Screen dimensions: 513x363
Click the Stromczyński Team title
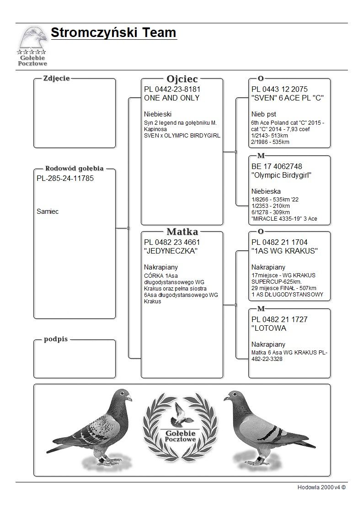pos(113,33)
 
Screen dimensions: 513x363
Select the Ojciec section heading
pos(182,79)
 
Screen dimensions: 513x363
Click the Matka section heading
pos(182,232)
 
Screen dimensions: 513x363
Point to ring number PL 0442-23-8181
pos(172,89)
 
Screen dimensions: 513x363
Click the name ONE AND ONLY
pos(171,98)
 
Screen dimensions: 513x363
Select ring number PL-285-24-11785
pos(65,178)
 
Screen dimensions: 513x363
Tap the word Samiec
pos(48,212)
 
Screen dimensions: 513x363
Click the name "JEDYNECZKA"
pos(171,251)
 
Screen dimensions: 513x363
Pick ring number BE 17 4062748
pos(277,166)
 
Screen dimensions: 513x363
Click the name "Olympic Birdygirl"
pos(282,175)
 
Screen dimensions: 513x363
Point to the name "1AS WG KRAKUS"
pos(284,251)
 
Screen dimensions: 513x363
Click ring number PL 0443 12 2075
pos(279,89)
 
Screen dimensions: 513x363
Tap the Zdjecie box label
pos(56,79)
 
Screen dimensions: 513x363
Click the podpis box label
pos(56,339)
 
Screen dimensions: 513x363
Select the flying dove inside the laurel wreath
pos(181,415)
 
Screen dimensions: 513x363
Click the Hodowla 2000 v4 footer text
pos(321,487)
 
